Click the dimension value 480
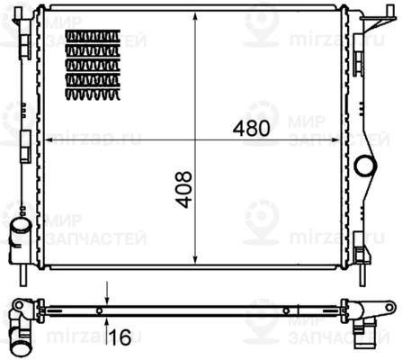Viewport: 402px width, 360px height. point(251,128)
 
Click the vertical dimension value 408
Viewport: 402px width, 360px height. point(183,190)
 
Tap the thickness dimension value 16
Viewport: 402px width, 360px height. point(120,337)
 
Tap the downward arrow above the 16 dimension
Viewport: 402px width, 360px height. point(107,300)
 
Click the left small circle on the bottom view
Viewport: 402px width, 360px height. point(98,310)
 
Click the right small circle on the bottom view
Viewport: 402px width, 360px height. point(286,310)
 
